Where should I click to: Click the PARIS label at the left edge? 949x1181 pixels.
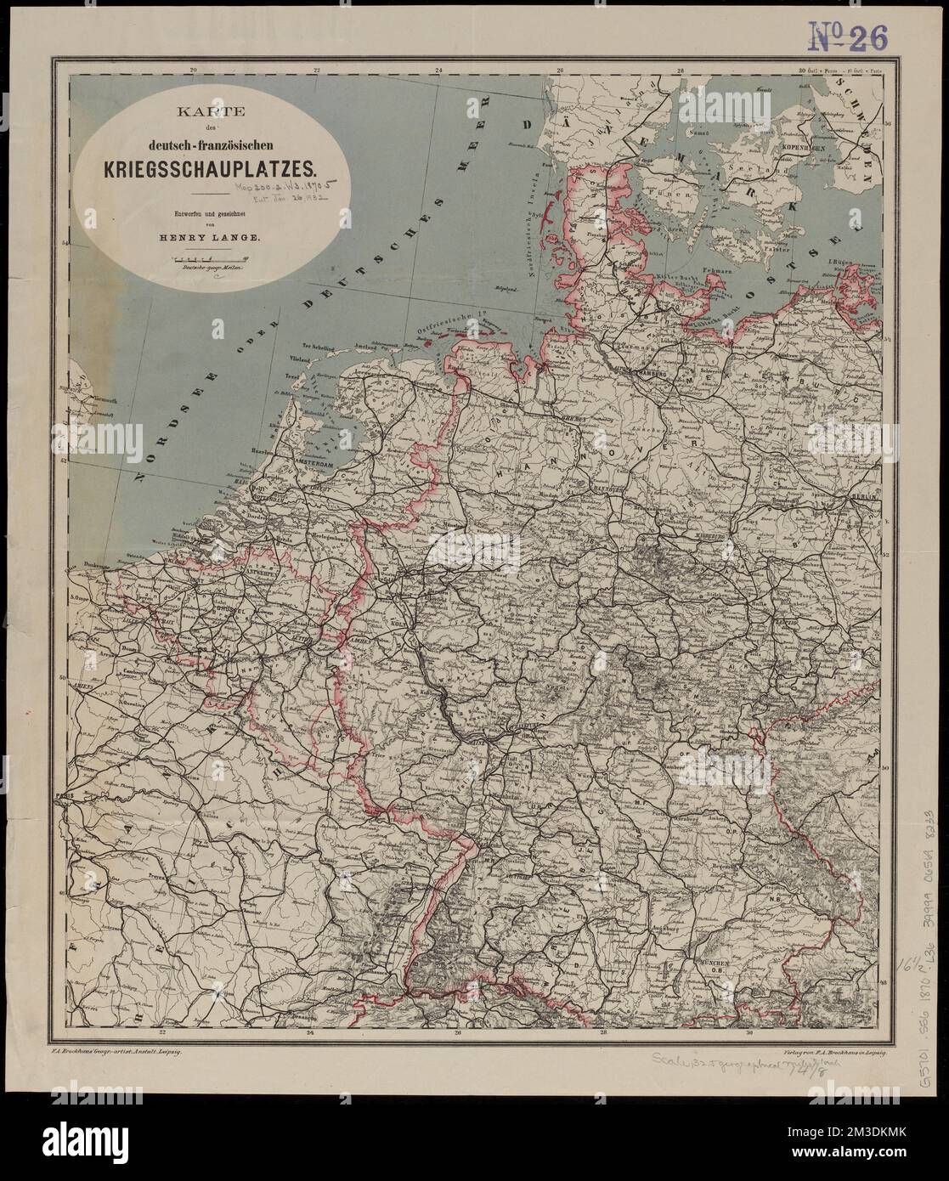click(x=82, y=796)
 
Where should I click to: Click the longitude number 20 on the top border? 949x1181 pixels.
click(x=194, y=71)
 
